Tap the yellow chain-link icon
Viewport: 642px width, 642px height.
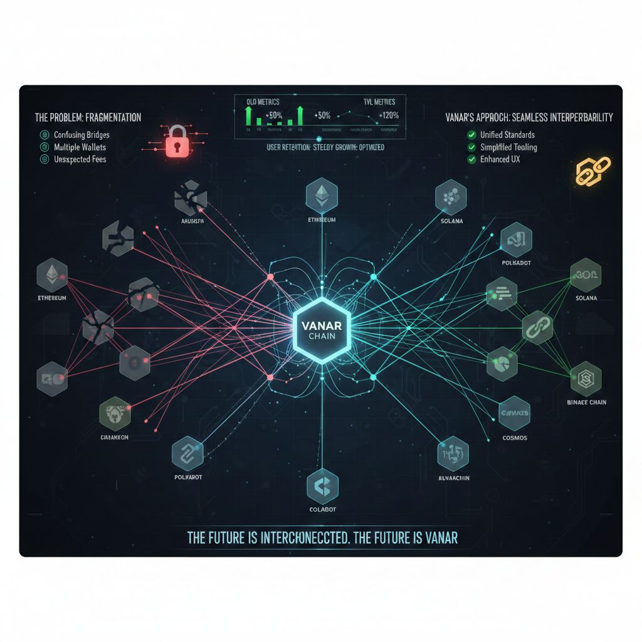click(x=593, y=171)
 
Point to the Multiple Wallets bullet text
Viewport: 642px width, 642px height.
click(x=80, y=147)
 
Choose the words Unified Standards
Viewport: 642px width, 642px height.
click(x=507, y=135)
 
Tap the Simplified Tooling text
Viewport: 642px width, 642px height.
click(x=508, y=147)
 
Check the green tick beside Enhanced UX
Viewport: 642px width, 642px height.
click(x=471, y=160)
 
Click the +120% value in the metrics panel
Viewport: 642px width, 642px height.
click(x=388, y=115)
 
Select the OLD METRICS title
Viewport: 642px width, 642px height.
click(x=263, y=102)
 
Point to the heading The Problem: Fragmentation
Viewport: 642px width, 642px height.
click(x=88, y=117)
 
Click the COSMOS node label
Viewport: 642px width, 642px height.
click(x=514, y=437)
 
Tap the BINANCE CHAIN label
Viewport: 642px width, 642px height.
click(x=586, y=402)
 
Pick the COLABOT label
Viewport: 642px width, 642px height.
click(x=323, y=509)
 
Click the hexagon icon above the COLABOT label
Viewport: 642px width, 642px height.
click(x=323, y=484)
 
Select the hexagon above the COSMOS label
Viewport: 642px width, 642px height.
click(x=514, y=413)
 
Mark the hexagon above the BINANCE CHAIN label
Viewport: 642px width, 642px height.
click(x=586, y=378)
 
